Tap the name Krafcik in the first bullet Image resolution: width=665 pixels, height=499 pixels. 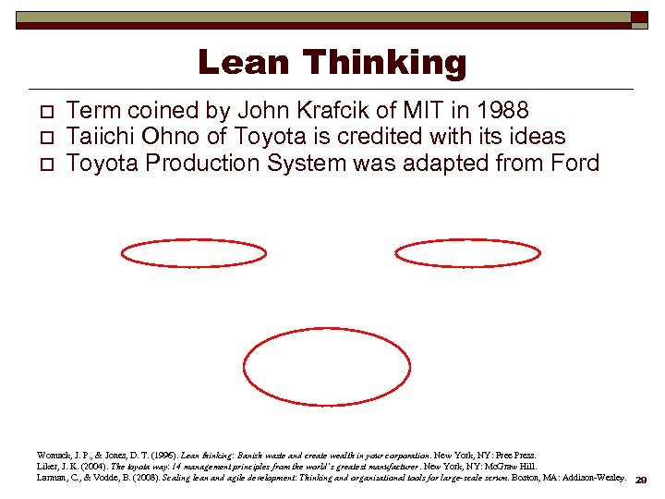pos(331,111)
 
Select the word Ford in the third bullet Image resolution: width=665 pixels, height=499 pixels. pos(573,164)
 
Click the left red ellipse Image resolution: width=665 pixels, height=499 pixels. pos(193,253)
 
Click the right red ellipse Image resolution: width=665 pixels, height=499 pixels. pos(467,253)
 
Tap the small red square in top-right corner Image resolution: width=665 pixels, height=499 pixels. pos(639,18)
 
